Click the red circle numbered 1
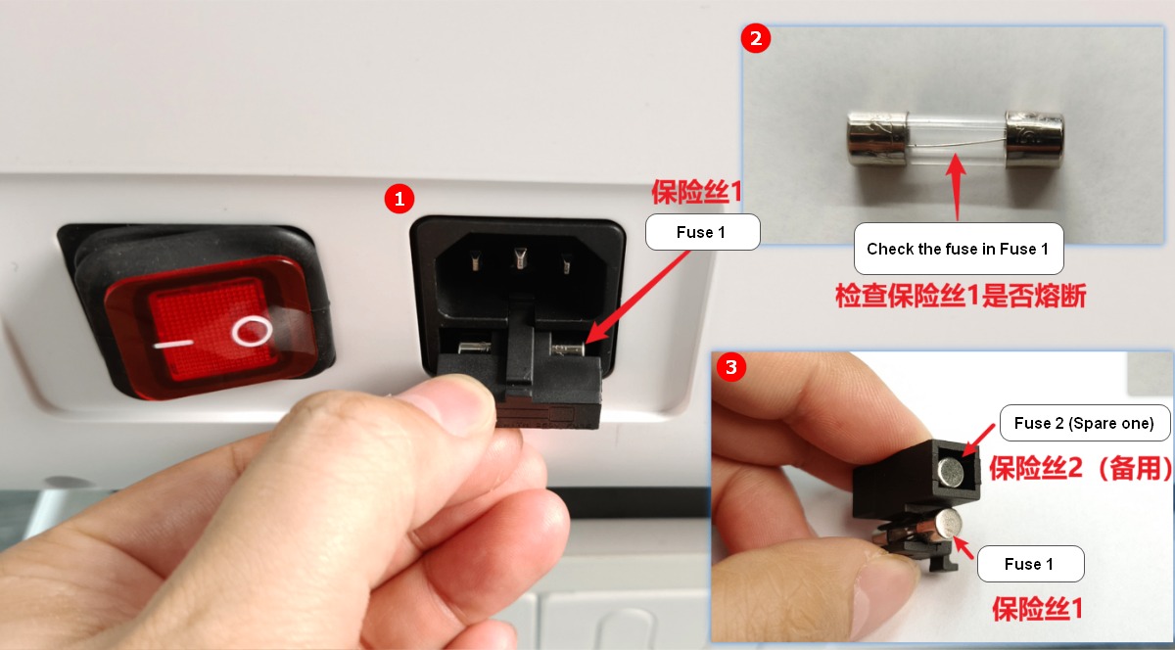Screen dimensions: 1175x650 click(399, 199)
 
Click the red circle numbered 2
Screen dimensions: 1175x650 click(755, 38)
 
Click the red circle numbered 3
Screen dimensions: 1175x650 click(731, 367)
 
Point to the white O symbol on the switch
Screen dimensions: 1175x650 click(253, 332)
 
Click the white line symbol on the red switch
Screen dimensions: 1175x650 click(173, 345)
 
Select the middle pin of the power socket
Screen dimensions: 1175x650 click(520, 258)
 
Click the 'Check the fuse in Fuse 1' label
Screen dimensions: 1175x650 click(959, 249)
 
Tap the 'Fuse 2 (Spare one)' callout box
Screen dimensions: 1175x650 click(1085, 423)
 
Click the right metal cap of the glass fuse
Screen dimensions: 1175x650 click(1034, 139)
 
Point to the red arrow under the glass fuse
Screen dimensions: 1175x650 click(957, 187)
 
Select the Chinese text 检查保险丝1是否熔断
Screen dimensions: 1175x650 click(961, 296)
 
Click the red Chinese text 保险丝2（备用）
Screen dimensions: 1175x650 click(1081, 468)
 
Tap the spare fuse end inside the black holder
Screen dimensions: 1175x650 click(951, 472)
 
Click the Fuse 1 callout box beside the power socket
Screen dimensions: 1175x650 click(702, 232)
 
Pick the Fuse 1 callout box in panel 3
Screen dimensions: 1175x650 click(1031, 564)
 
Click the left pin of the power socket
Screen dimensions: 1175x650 click(475, 260)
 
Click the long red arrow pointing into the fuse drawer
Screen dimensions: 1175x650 click(637, 297)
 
